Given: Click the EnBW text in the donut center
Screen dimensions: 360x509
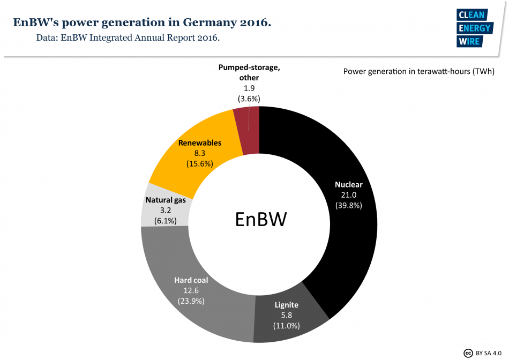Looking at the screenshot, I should pyautogui.click(x=261, y=219).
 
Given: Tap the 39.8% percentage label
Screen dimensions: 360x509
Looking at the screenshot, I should pyautogui.click(x=348, y=205).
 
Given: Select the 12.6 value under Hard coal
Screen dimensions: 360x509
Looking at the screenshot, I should pyautogui.click(x=191, y=290).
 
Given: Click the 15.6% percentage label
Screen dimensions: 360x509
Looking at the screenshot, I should pyautogui.click(x=200, y=163).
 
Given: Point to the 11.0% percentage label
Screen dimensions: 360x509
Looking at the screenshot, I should pyautogui.click(x=286, y=325).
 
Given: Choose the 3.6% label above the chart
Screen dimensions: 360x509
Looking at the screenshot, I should pyautogui.click(x=249, y=99).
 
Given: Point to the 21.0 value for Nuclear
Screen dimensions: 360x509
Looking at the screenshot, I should pyautogui.click(x=348, y=194).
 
